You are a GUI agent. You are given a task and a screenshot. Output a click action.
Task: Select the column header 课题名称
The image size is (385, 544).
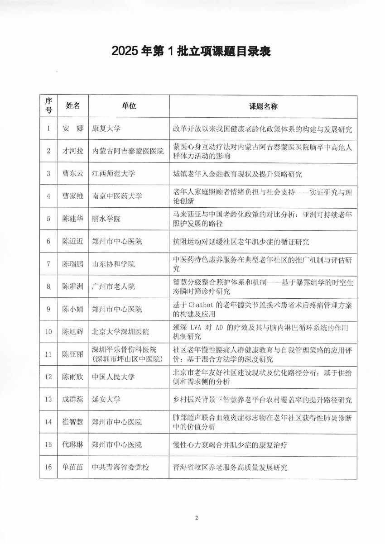point(263,106)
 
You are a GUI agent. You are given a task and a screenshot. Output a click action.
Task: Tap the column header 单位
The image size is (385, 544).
point(129,106)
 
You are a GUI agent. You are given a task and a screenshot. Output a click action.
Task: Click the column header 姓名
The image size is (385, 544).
point(73,106)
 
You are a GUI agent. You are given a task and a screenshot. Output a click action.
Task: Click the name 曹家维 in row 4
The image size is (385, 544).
point(73,196)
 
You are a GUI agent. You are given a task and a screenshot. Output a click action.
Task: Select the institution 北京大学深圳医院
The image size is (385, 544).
point(120,332)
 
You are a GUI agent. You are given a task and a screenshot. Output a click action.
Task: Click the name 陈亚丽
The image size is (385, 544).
point(73,354)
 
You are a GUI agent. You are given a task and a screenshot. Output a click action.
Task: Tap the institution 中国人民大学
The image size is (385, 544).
point(113,377)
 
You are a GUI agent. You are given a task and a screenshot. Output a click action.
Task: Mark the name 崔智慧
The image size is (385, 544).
point(73,422)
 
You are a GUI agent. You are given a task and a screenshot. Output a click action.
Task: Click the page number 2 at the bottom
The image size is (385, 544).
point(196,518)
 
